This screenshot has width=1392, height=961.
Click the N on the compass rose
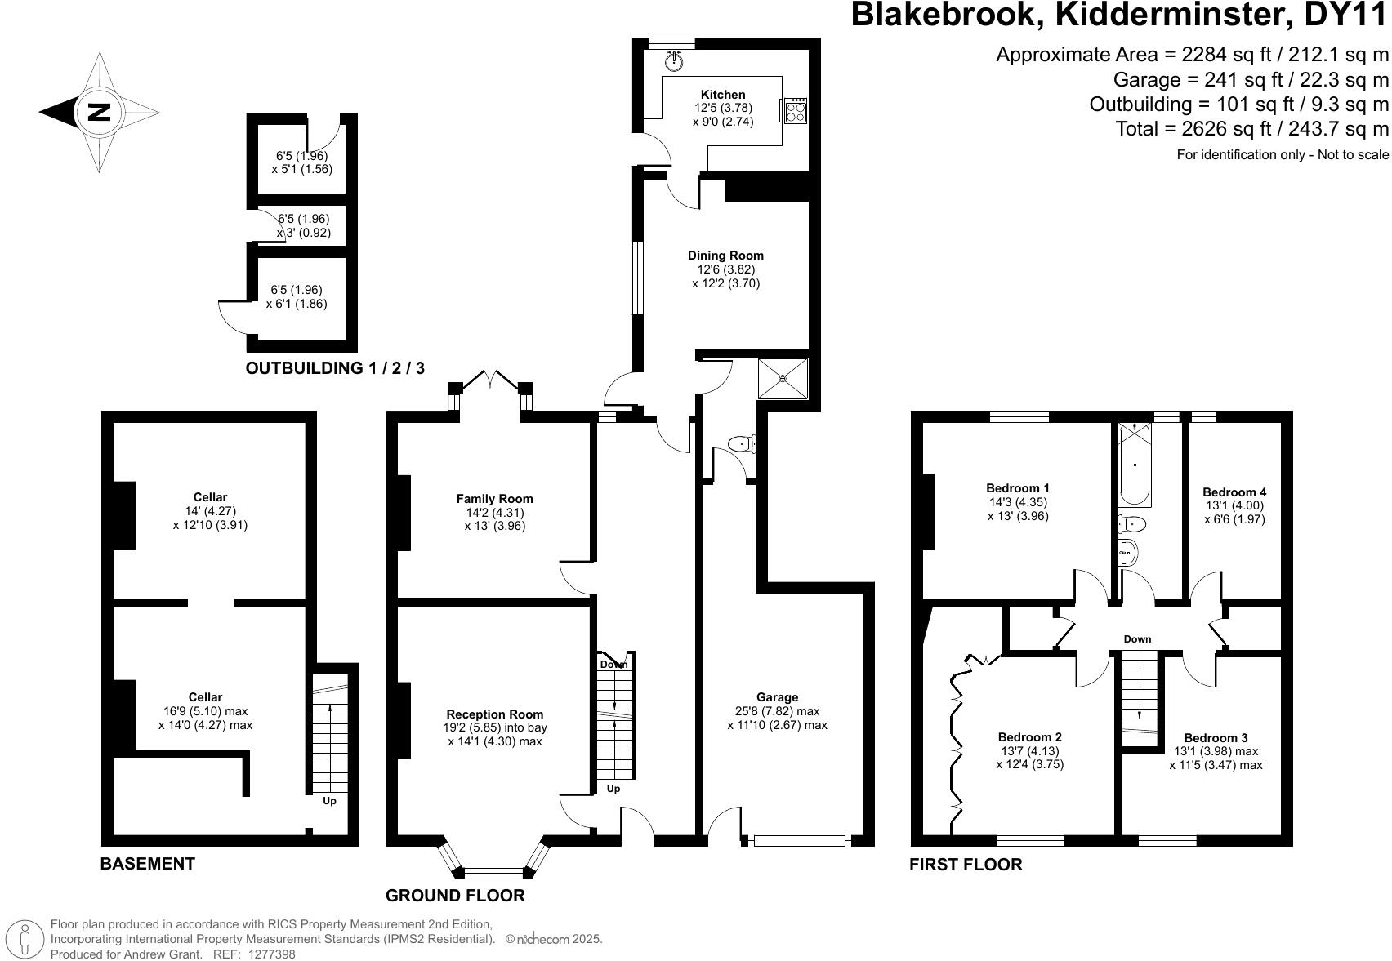(99, 112)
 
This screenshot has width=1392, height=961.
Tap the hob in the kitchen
(795, 111)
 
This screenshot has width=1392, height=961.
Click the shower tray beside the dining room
(783, 379)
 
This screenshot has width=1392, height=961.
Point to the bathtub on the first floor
(1135, 465)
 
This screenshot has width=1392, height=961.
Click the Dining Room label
(725, 256)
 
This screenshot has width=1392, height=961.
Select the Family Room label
(494, 499)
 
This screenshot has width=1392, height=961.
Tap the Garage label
(777, 697)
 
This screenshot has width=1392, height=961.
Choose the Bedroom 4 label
(1234, 492)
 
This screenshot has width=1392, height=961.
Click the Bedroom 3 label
(1216, 738)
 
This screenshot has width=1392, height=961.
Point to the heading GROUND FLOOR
(455, 896)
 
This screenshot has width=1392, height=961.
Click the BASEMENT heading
(148, 864)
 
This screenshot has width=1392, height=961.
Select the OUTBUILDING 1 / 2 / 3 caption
(335, 368)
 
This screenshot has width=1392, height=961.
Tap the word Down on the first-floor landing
(1137, 639)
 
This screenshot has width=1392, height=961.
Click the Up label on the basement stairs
(329, 801)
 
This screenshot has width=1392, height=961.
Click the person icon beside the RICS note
(25, 938)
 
